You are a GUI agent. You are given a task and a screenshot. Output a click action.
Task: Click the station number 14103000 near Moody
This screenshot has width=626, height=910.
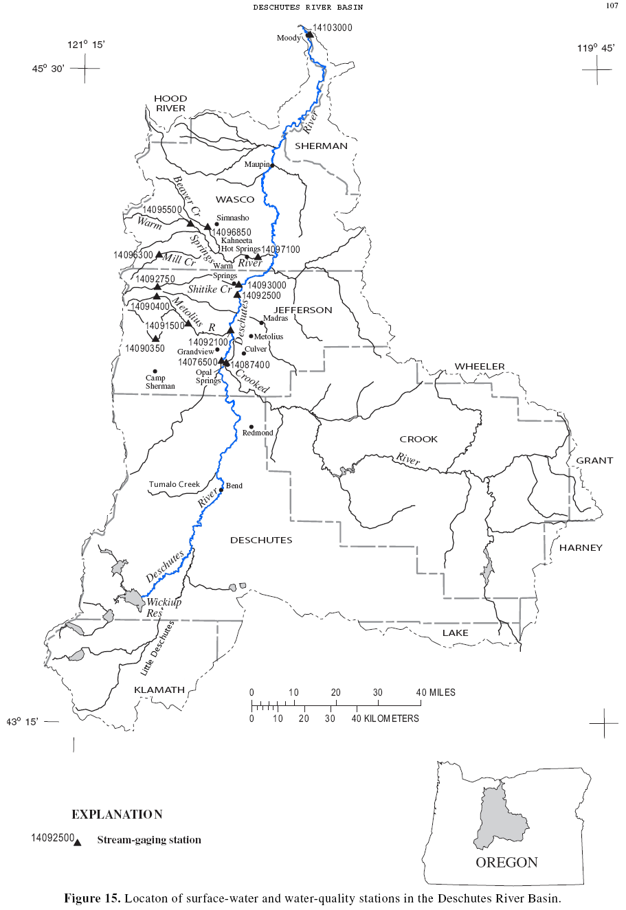333,28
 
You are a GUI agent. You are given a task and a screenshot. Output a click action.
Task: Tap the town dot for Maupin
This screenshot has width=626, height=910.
272,166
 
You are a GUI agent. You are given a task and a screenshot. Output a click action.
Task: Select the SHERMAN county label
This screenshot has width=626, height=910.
321,146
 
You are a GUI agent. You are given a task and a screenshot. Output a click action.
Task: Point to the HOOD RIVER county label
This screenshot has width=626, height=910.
170,104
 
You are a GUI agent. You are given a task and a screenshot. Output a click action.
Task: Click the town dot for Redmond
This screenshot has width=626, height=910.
251,426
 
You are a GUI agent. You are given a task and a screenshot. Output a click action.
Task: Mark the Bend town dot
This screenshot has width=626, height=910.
221,490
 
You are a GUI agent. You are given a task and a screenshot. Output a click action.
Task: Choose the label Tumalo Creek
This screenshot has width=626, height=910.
175,484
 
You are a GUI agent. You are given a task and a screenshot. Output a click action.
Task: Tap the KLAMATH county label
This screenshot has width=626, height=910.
159,690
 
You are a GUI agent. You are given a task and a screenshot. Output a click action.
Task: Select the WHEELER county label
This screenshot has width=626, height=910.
480,367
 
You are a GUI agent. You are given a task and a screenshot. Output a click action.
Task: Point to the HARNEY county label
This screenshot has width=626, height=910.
581,547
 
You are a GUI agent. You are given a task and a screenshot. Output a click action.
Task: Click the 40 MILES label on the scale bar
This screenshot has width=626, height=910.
436,692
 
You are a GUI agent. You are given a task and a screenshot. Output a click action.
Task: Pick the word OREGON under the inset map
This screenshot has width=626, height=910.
507,863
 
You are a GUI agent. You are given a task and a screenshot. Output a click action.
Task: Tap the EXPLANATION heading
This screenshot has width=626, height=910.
117,815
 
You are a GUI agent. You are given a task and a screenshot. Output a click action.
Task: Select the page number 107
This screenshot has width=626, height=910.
612,6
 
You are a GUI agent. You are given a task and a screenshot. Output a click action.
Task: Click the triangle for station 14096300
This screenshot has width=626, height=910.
159,255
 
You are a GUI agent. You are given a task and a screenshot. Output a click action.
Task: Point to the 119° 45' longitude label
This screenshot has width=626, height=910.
596,48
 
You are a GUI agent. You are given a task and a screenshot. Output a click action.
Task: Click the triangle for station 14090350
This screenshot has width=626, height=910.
155,338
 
